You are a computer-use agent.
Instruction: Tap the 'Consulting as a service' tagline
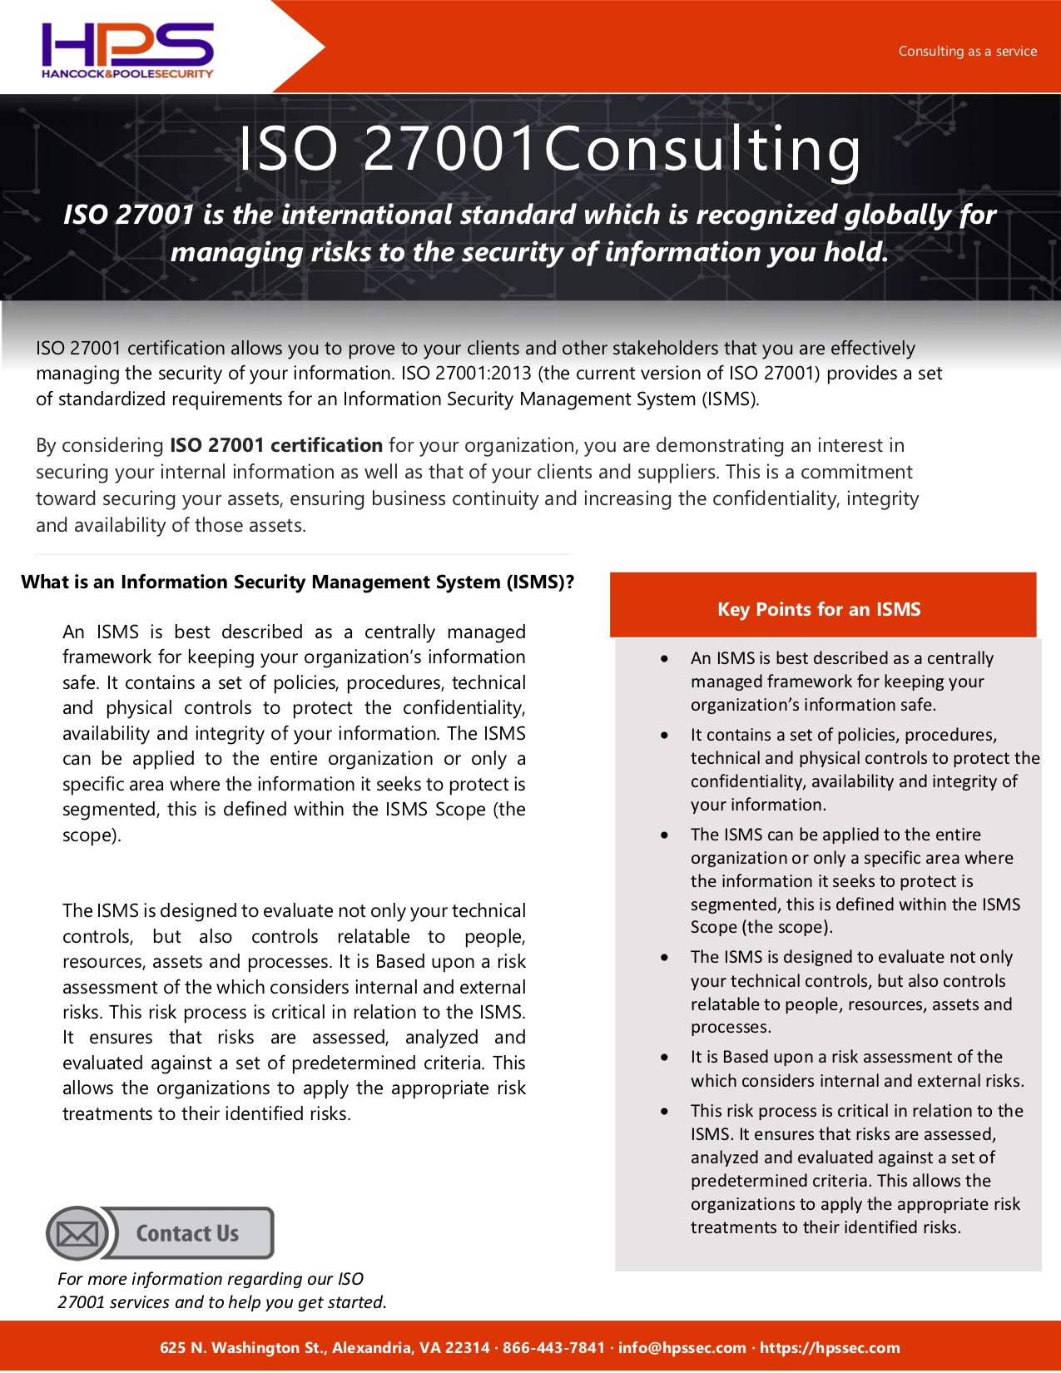click(967, 52)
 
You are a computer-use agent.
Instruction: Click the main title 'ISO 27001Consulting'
click(549, 149)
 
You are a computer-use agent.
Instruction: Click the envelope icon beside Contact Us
click(77, 1233)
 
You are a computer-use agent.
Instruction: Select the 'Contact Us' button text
click(187, 1233)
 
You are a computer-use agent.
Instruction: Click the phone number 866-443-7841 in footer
click(553, 1347)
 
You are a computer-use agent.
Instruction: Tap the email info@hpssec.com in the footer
click(682, 1347)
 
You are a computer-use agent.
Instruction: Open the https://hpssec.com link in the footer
click(830, 1347)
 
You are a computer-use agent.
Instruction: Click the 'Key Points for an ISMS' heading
click(819, 609)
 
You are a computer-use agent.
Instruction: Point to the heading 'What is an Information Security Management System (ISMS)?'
click(297, 582)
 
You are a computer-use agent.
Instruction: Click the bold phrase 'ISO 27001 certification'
click(276, 445)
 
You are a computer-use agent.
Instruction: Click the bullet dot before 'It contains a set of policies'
click(664, 735)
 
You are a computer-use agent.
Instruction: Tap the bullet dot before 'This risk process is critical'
click(664, 1111)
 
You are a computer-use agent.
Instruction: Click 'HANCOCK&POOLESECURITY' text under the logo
click(127, 74)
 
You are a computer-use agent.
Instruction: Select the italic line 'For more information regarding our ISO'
click(211, 1279)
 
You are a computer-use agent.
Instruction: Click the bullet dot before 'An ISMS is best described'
click(664, 658)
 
